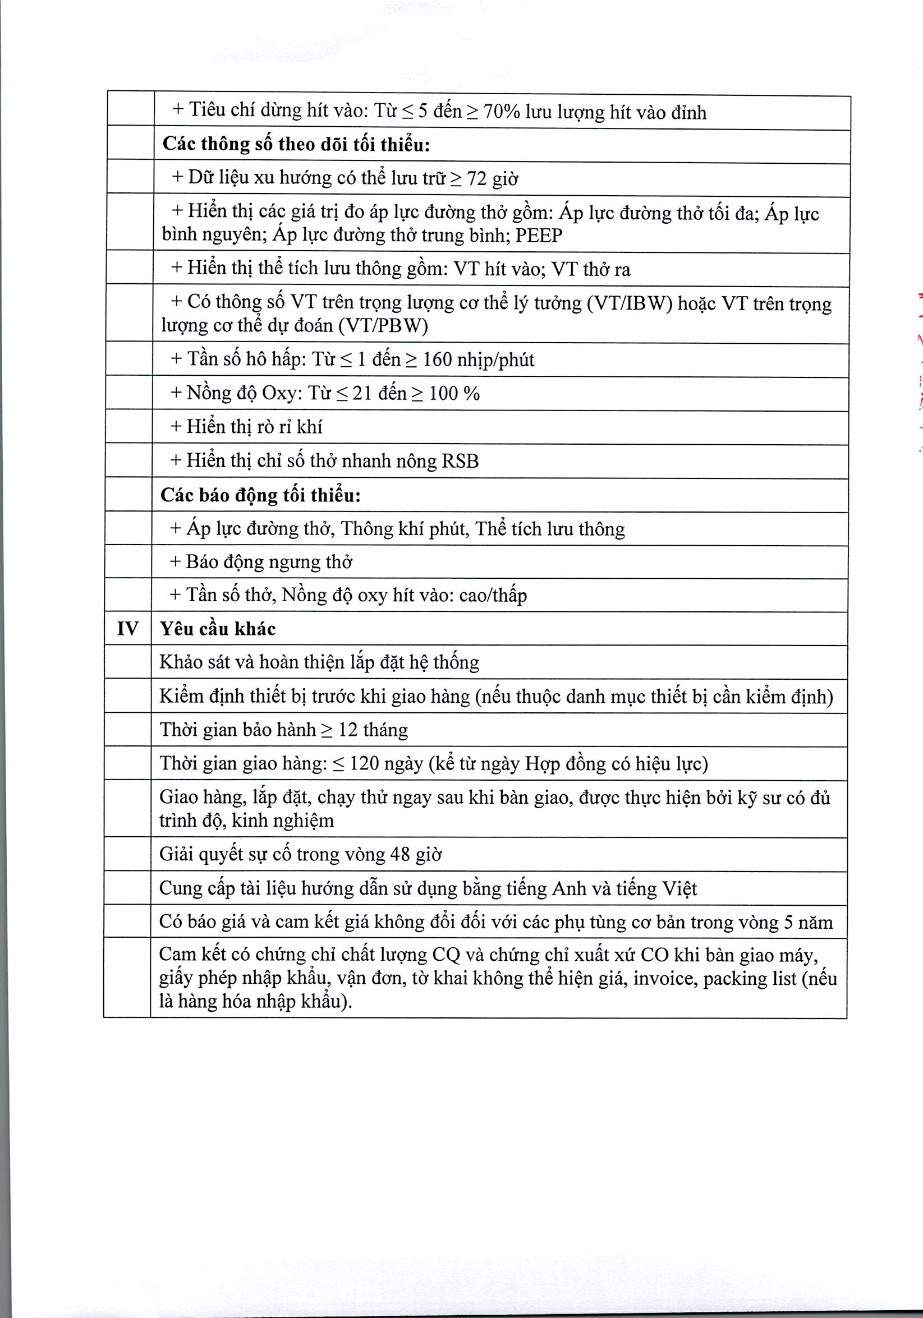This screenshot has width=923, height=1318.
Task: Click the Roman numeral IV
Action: pos(127,629)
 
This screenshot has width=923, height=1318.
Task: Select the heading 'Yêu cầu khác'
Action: pos(218,629)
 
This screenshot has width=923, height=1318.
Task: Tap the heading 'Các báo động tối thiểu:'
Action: pos(260,495)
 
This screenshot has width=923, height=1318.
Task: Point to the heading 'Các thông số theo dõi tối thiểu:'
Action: pos(296,144)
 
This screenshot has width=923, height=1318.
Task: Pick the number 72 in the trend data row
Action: pos(477,179)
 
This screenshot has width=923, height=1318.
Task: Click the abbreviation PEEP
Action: pos(539,236)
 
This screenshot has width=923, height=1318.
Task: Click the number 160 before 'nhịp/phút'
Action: pos(437,360)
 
